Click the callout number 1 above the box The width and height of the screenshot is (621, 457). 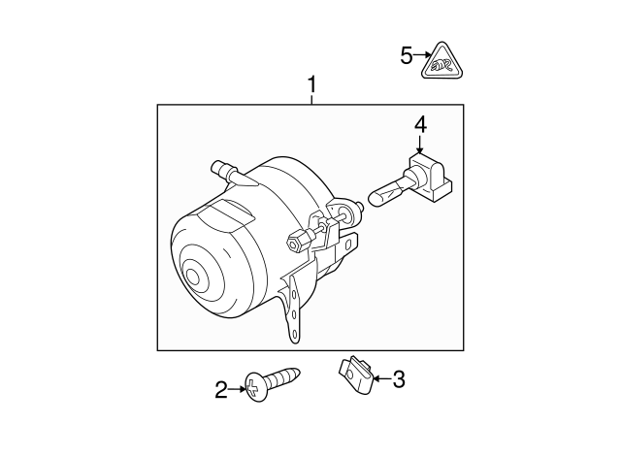click(x=311, y=85)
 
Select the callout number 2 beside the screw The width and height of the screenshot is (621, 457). click(x=221, y=390)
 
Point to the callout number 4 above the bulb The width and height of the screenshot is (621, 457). click(x=420, y=125)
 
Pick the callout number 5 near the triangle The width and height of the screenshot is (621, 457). click(x=406, y=55)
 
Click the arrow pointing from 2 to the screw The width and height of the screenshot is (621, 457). click(x=239, y=389)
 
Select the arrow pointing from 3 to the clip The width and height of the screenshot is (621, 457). click(x=379, y=378)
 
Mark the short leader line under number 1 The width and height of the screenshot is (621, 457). click(x=311, y=99)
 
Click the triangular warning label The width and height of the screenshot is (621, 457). click(x=442, y=63)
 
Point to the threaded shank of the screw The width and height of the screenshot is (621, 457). click(x=286, y=375)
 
